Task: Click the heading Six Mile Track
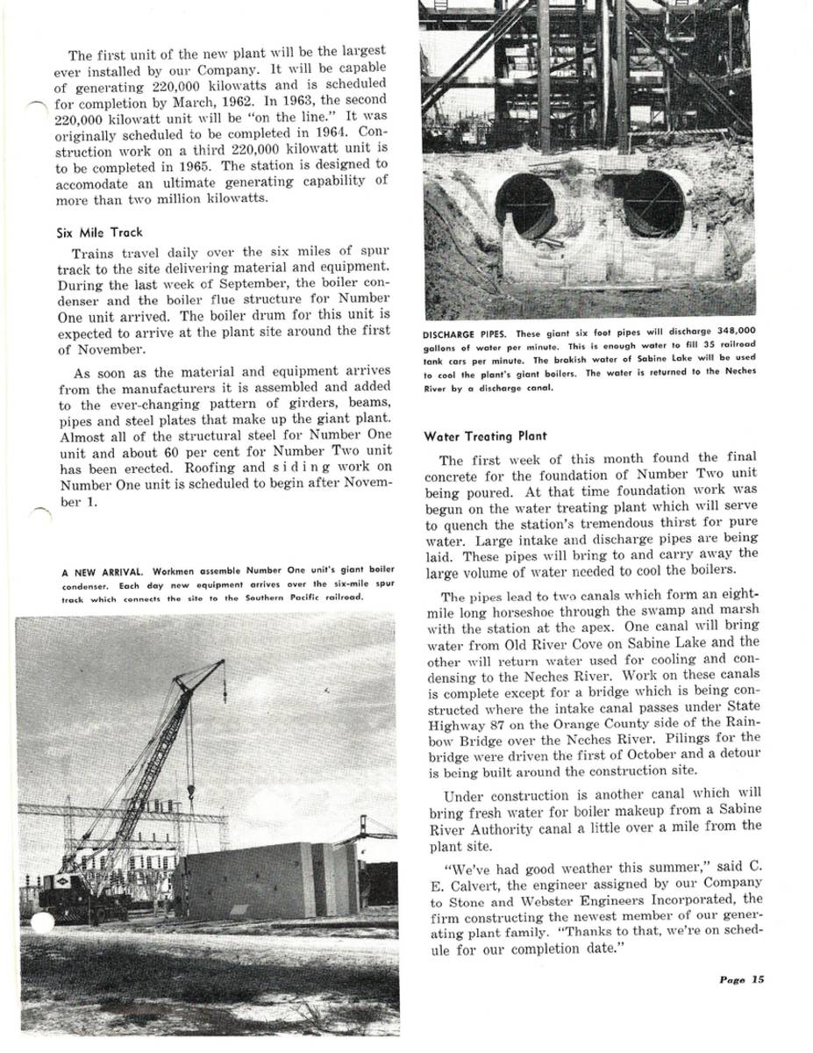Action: pyautogui.click(x=99, y=233)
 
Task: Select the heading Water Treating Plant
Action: pyautogui.click(x=485, y=435)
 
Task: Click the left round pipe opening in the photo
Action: pyautogui.click(x=526, y=205)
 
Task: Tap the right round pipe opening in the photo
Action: pyautogui.click(x=653, y=204)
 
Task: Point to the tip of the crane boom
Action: pyautogui.click(x=221, y=663)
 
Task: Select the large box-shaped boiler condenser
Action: pyautogui.click(x=254, y=880)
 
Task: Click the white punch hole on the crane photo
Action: pyautogui.click(x=41, y=923)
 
